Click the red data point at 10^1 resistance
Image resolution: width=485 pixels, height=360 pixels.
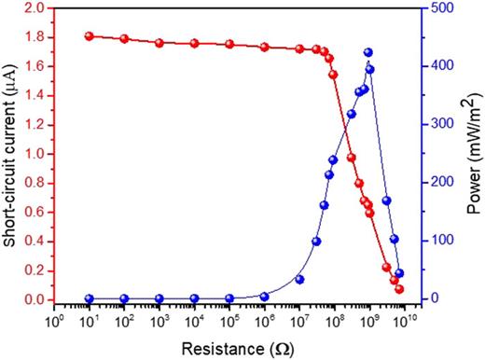click(90, 36)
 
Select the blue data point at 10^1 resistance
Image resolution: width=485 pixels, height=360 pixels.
click(90, 298)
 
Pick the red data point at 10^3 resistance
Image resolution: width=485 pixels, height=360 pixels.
click(159, 43)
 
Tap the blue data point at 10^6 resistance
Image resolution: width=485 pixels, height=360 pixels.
click(265, 297)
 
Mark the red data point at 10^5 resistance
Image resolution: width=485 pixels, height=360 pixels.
click(229, 44)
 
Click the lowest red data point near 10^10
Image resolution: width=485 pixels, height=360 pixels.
click(399, 289)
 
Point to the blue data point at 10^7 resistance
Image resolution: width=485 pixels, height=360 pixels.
click(299, 280)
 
